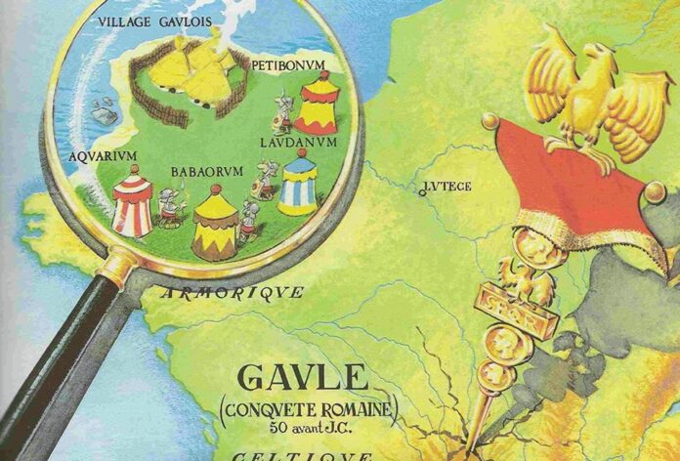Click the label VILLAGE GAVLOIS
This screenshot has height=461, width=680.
146,21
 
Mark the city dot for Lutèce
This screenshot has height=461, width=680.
422,192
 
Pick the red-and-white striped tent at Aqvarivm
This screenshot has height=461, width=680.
132,201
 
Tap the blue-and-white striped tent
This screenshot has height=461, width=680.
297,186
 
